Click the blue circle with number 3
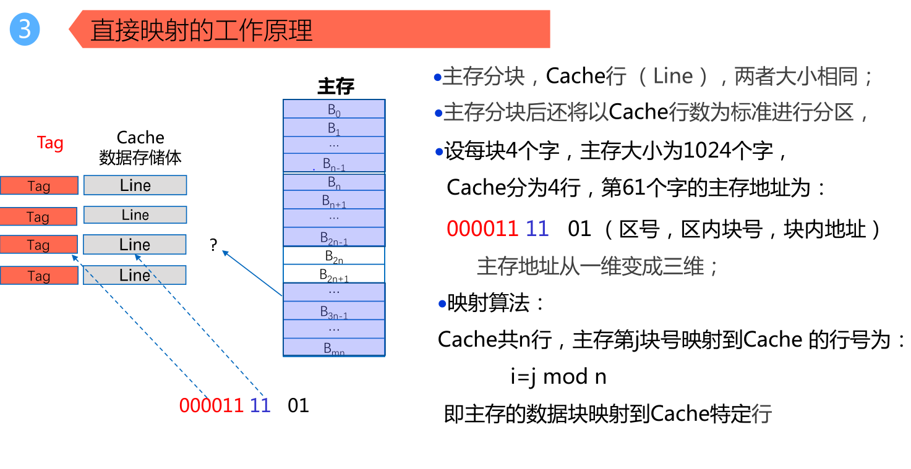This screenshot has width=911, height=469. [25, 29]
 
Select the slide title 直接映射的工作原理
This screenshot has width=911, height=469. [202, 30]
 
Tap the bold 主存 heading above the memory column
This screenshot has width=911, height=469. [335, 86]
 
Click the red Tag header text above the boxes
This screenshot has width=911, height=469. [50, 143]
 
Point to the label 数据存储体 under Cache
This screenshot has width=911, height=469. [140, 158]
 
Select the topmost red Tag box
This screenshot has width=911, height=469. [39, 185]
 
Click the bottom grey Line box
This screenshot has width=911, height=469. [135, 275]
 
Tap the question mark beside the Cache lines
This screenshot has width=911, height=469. [213, 245]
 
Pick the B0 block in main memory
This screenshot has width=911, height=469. [334, 109]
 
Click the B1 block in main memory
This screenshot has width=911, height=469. [334, 128]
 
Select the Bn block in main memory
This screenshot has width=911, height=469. [334, 182]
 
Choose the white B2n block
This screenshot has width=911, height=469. [334, 255]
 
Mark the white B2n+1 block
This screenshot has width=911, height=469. [334, 274]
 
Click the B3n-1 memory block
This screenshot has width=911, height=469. [334, 311]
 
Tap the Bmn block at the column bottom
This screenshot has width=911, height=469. [334, 348]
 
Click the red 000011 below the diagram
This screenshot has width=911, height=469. [211, 405]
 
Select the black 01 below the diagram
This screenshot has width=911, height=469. [298, 405]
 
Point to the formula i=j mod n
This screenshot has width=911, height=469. [558, 376]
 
